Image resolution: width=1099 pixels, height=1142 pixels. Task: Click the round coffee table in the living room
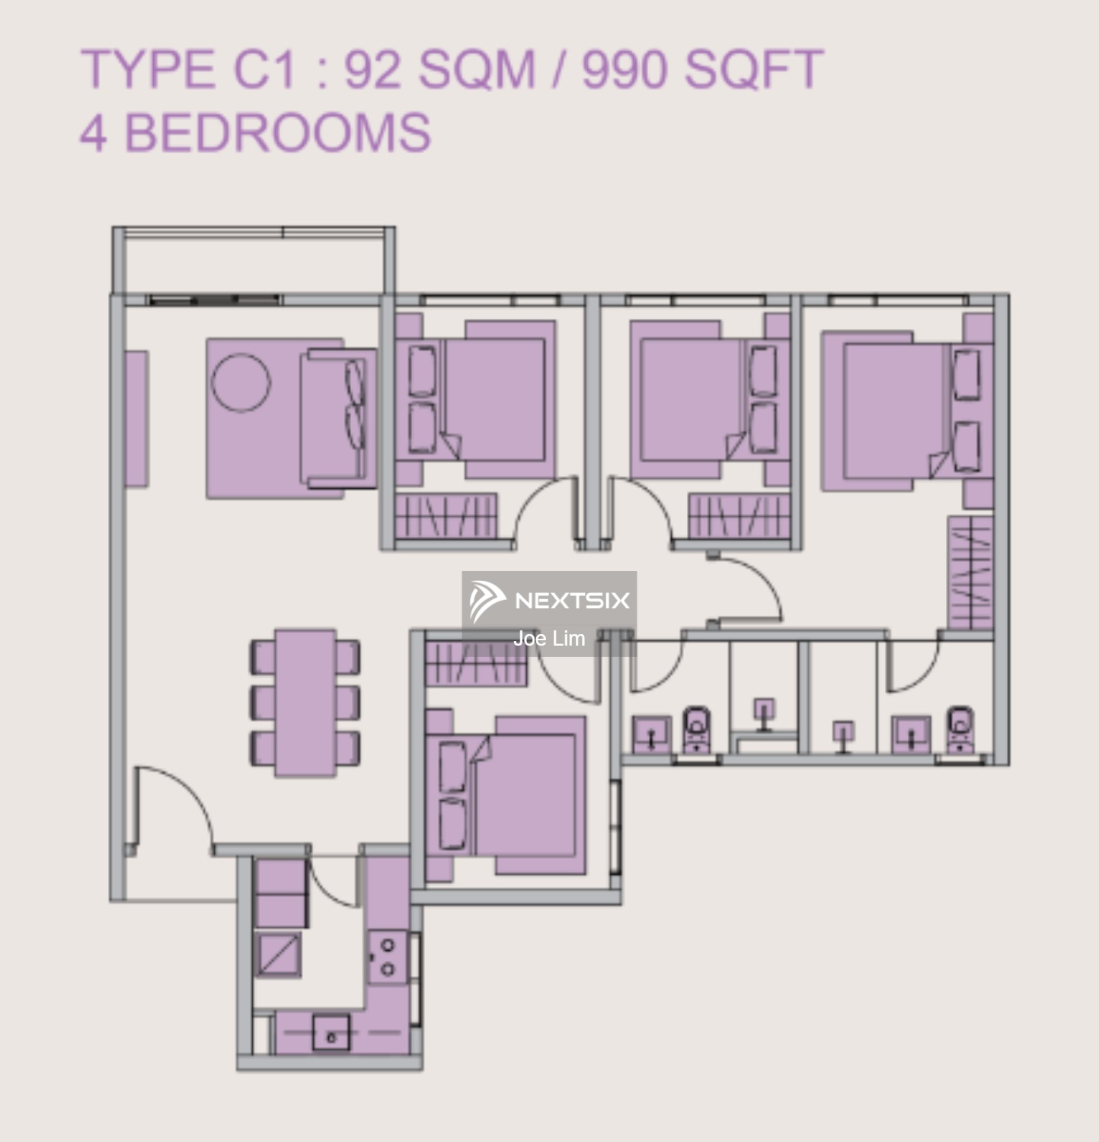pyautogui.click(x=241, y=382)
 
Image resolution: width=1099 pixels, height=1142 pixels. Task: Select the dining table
pyautogui.click(x=305, y=701)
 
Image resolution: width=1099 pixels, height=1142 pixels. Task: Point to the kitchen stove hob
pyautogui.click(x=388, y=957)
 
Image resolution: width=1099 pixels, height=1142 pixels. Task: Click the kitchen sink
pyautogui.click(x=331, y=1032)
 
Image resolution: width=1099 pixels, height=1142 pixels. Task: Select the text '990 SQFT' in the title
pyautogui.click(x=702, y=70)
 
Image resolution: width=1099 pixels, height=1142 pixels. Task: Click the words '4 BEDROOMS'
pyautogui.click(x=256, y=132)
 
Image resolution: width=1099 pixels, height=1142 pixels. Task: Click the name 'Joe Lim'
pyautogui.click(x=549, y=639)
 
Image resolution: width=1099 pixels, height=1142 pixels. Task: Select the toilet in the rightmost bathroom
pyautogui.click(x=959, y=729)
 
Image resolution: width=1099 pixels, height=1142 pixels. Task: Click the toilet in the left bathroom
pyautogui.click(x=696, y=729)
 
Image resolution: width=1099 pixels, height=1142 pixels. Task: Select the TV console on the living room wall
pyautogui.click(x=137, y=418)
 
